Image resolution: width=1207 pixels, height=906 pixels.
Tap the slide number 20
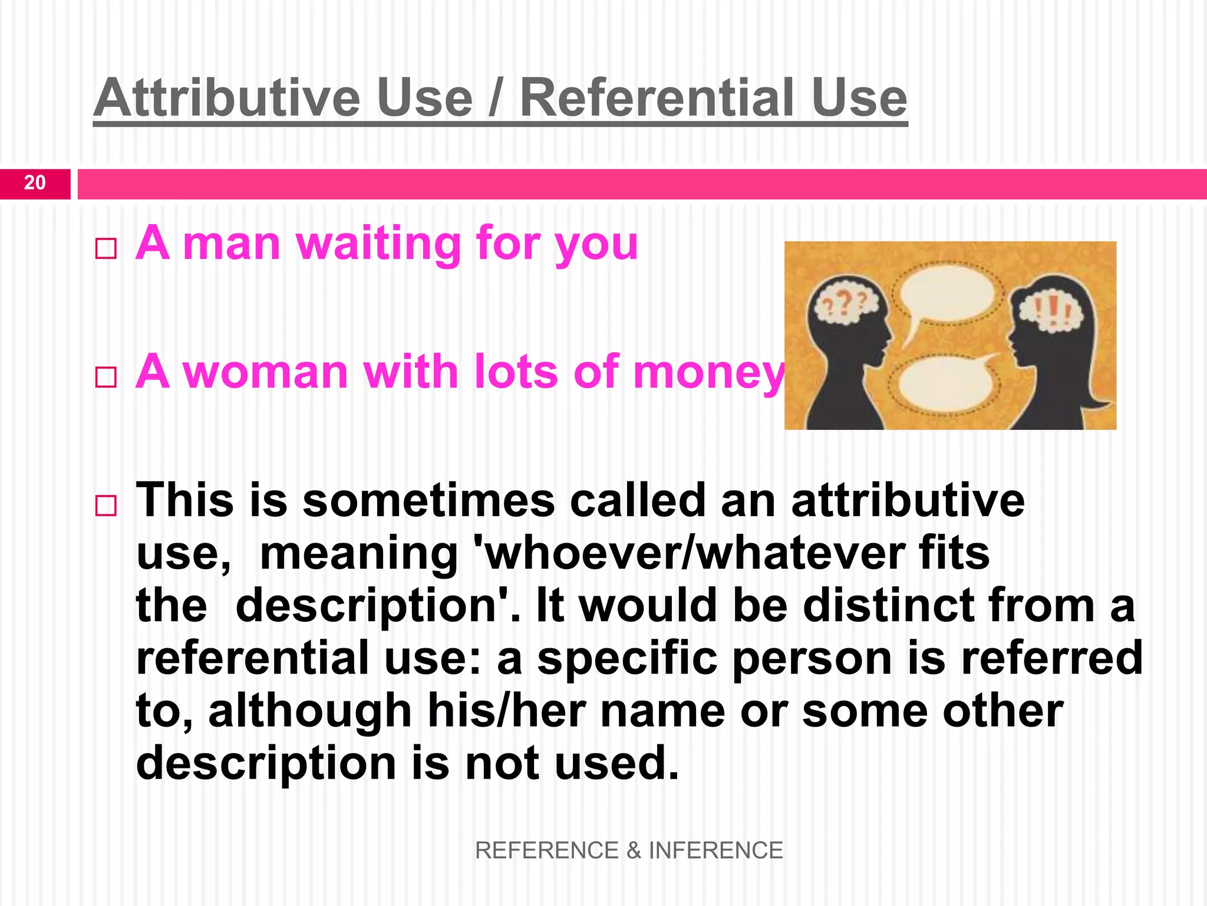click(x=35, y=183)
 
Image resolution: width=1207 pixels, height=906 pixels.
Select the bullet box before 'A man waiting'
click(x=106, y=248)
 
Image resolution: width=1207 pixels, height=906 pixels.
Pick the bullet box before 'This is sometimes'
click(x=106, y=505)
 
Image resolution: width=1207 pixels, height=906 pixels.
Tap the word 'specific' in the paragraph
click(x=627, y=658)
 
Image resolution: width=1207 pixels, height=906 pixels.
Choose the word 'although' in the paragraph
click(x=310, y=711)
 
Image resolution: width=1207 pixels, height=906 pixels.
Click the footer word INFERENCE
click(x=715, y=851)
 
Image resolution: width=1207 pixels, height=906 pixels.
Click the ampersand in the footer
click(x=634, y=851)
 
